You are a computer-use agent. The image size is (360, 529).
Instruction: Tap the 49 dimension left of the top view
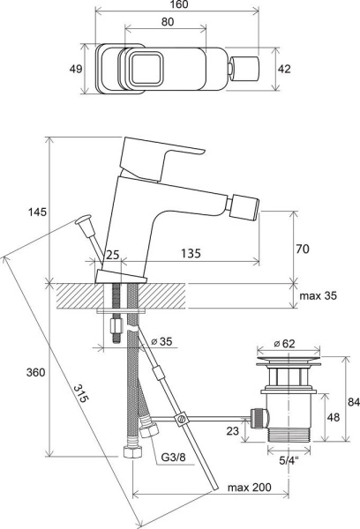click(76, 69)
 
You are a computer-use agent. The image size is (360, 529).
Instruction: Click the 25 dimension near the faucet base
click(112, 254)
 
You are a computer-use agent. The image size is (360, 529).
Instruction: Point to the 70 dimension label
click(303, 250)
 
